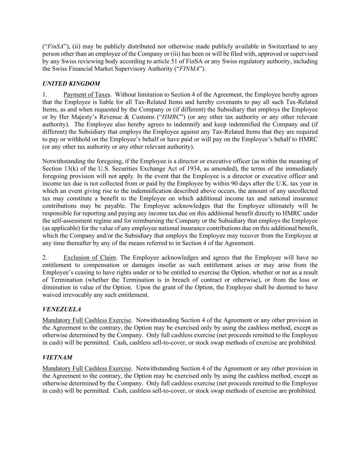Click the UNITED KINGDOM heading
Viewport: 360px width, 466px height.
tap(71, 84)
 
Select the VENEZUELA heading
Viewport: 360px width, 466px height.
tap(61, 309)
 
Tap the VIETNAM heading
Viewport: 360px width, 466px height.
tap(57, 357)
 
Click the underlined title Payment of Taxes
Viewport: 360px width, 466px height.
tap(87, 95)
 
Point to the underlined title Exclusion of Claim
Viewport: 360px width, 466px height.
tap(89, 257)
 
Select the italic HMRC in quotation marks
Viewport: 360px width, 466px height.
tap(171, 117)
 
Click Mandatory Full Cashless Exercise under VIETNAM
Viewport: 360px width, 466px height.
tap(87, 368)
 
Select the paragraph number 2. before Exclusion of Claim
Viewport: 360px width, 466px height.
tap(44, 257)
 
